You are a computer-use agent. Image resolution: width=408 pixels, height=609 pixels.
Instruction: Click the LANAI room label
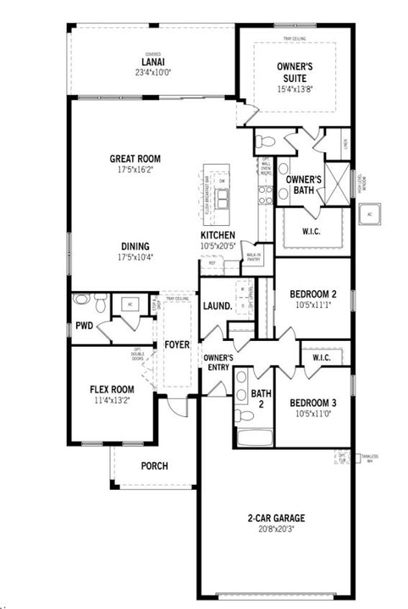152,60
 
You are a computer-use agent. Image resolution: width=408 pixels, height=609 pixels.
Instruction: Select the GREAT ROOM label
135,158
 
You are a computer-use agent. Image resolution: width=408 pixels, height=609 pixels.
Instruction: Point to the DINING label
135,247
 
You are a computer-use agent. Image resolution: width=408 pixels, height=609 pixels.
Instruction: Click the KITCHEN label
218,235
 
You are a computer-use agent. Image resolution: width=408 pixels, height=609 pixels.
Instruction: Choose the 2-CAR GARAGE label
276,518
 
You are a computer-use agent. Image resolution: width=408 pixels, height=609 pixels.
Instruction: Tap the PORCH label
154,466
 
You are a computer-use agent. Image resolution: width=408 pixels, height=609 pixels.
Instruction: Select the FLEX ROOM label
112,390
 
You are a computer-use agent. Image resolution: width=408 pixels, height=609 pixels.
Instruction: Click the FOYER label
177,345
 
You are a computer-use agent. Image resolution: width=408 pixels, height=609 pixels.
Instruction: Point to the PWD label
84,326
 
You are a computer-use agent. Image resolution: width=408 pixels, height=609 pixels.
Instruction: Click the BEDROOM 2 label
313,294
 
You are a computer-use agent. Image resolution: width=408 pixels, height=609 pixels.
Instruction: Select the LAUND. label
218,305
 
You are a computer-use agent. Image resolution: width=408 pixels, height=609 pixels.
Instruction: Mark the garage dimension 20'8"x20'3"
276,529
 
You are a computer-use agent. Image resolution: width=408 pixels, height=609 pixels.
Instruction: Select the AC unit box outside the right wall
369,214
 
